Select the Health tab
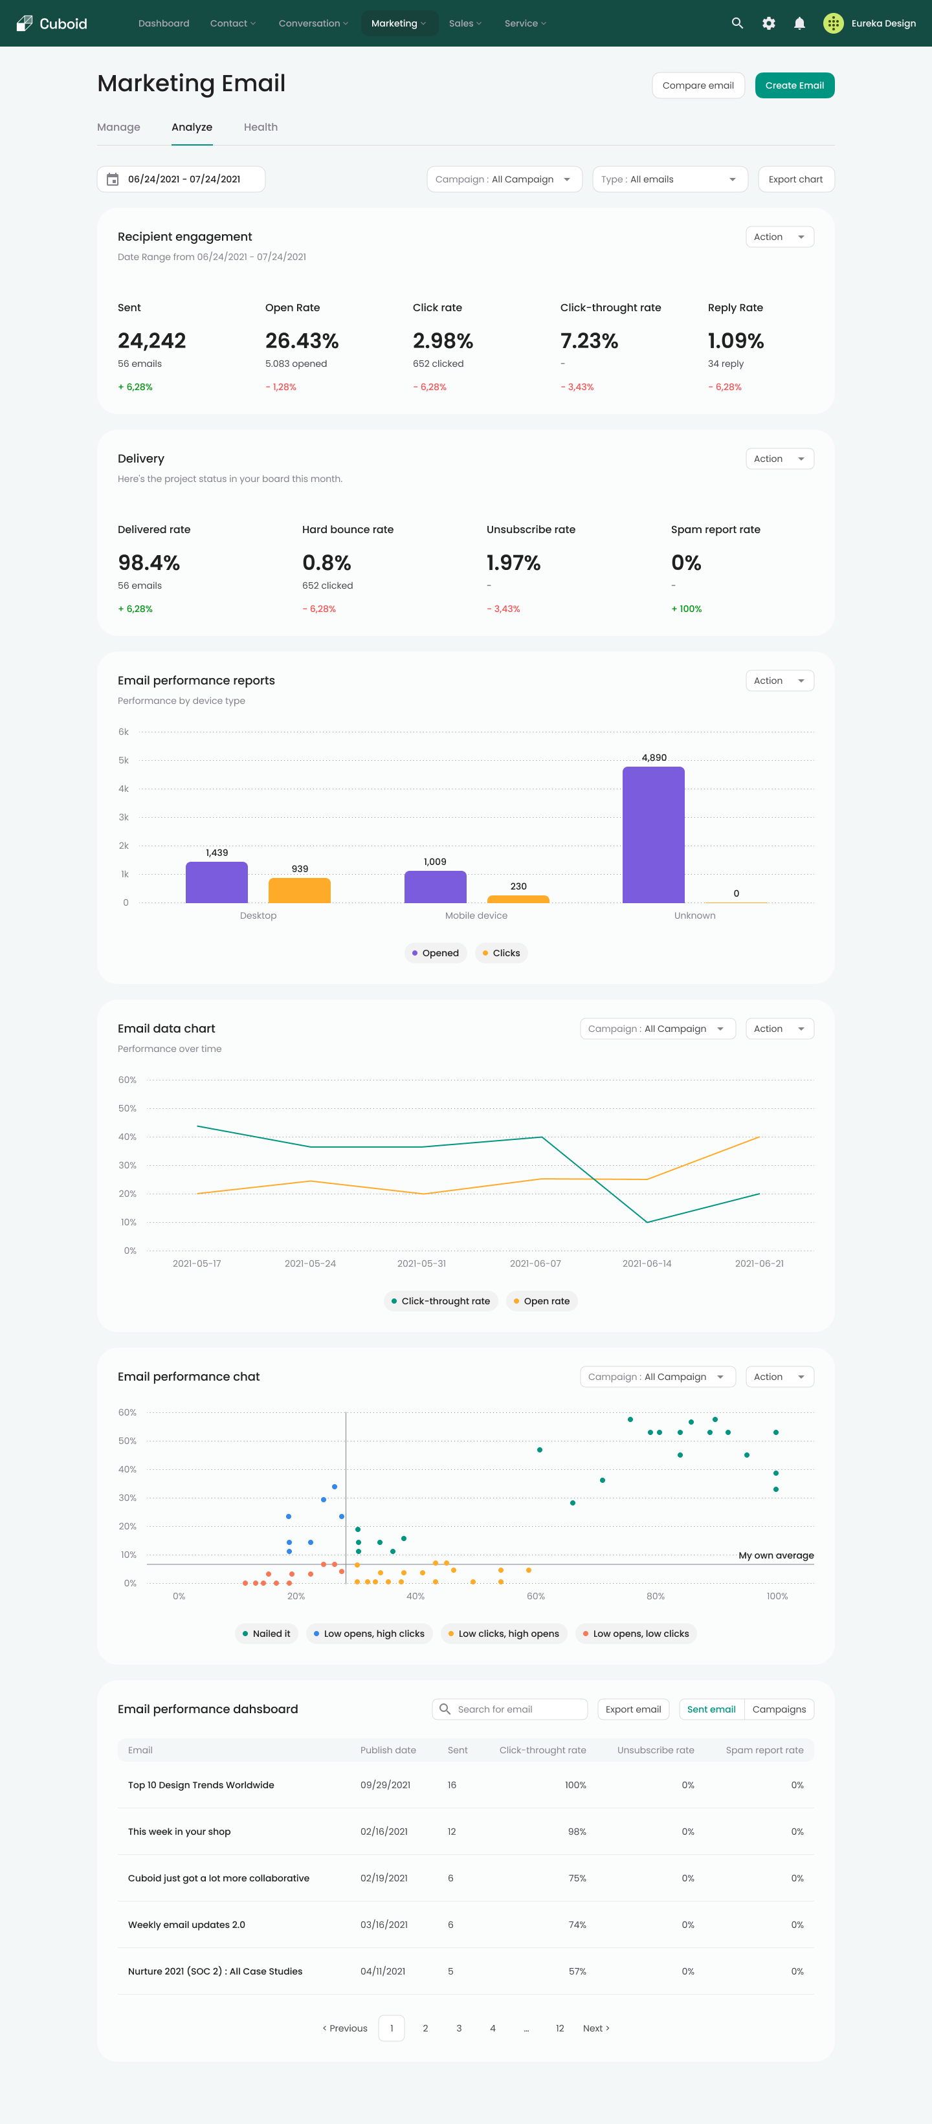point(261,127)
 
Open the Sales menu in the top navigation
point(464,23)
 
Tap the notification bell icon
point(799,23)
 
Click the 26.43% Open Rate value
point(302,340)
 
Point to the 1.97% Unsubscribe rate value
point(513,562)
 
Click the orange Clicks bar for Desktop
point(300,890)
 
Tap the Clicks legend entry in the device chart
point(502,952)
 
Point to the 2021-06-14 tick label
point(647,1263)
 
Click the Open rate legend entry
point(541,1300)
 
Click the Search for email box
point(510,1709)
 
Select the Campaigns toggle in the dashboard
point(779,1709)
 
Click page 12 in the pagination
point(559,2028)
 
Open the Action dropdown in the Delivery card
point(779,459)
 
